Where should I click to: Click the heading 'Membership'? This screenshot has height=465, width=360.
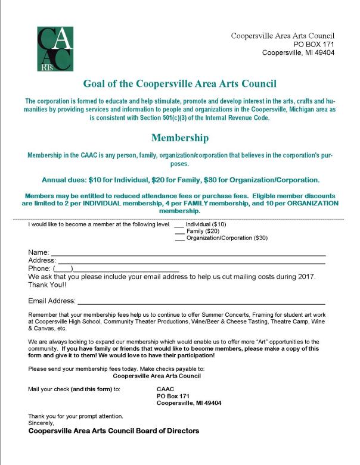tap(179, 138)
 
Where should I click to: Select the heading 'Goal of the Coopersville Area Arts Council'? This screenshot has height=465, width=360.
tap(179, 83)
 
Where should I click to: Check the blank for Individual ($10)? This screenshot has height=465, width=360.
tap(179, 225)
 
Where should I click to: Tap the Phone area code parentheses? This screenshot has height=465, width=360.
tap(63, 269)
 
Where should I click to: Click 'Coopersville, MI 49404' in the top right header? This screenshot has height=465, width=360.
tap(299, 52)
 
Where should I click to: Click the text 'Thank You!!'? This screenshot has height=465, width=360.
tap(48, 285)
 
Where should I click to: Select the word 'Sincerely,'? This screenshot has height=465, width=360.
tap(41, 422)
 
